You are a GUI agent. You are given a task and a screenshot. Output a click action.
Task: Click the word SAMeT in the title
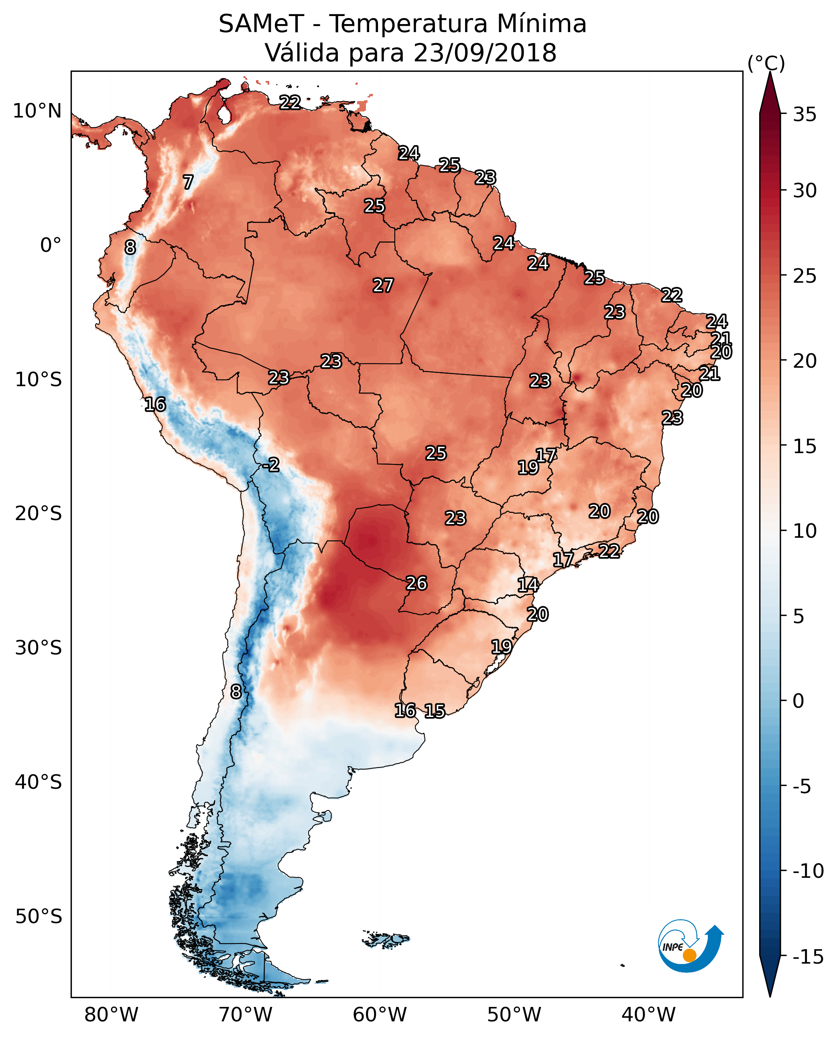pyautogui.click(x=261, y=24)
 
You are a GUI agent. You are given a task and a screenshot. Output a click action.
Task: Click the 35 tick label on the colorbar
pyautogui.click(x=804, y=115)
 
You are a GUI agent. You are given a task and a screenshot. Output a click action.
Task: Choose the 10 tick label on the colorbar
pyautogui.click(x=804, y=531)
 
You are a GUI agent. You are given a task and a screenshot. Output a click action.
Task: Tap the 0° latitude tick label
pyautogui.click(x=51, y=245)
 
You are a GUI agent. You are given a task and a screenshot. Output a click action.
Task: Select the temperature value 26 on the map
pyautogui.click(x=416, y=583)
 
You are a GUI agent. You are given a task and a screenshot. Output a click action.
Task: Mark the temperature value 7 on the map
pyautogui.click(x=188, y=182)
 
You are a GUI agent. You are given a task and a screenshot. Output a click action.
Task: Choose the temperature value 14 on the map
pyautogui.click(x=528, y=585)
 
